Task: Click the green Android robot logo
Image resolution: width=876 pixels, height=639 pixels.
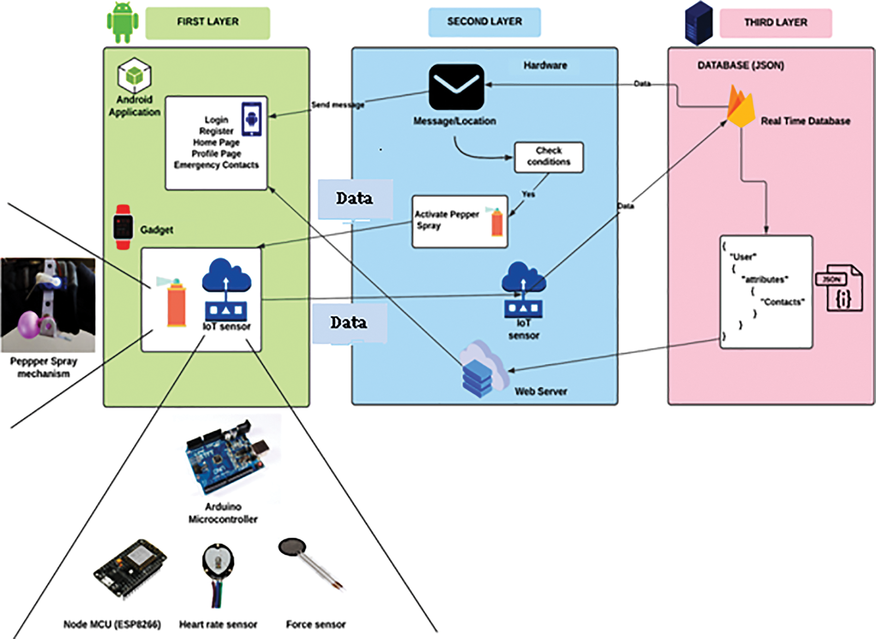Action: tap(123, 23)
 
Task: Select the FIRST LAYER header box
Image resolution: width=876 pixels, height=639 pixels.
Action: tap(207, 23)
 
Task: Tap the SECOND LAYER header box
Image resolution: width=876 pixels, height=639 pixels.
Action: tap(484, 22)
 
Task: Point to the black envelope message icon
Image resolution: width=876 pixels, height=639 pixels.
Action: tap(456, 87)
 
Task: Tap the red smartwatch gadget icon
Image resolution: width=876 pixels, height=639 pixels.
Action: tap(123, 227)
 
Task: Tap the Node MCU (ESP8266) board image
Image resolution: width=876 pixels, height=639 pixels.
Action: tap(130, 569)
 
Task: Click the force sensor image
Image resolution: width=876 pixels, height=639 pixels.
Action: tap(311, 564)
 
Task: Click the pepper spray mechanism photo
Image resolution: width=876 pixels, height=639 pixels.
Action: tap(48, 305)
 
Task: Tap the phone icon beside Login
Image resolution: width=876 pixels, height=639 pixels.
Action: tap(252, 119)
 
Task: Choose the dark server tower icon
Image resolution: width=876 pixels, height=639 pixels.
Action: tap(698, 23)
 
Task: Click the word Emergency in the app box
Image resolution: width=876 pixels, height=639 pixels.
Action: tap(194, 165)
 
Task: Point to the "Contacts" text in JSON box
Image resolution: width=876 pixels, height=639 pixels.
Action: tap(782, 302)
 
